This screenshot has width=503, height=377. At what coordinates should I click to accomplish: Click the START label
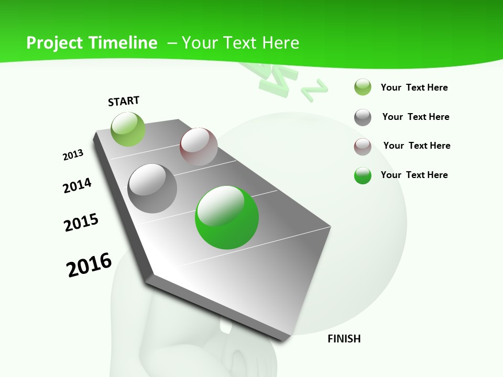[124, 101]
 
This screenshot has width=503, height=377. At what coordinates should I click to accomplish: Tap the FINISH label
[344, 339]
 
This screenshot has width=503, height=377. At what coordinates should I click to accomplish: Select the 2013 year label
[73, 155]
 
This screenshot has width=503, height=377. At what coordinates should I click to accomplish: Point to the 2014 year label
[77, 186]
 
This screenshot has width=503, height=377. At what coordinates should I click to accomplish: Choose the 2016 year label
[89, 265]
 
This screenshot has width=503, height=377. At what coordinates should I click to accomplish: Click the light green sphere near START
[128, 129]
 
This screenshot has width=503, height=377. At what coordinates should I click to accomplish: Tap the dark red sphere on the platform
[199, 147]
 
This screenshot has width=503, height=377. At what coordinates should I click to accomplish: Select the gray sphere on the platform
[152, 188]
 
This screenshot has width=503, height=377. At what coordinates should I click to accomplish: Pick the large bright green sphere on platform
[227, 217]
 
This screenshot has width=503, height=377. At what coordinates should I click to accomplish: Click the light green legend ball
[363, 87]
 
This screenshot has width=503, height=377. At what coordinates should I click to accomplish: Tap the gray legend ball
[363, 117]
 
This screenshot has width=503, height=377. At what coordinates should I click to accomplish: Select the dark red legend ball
[363, 146]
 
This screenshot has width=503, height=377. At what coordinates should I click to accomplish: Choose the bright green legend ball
[363, 175]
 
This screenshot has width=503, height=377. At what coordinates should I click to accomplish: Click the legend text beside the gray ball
[415, 117]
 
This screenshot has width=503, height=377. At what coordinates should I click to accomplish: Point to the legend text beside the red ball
[417, 146]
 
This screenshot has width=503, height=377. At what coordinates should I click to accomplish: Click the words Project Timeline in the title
[92, 43]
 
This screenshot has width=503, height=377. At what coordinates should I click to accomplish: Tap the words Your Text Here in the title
[240, 43]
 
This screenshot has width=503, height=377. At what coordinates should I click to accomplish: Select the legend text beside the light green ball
[414, 87]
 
